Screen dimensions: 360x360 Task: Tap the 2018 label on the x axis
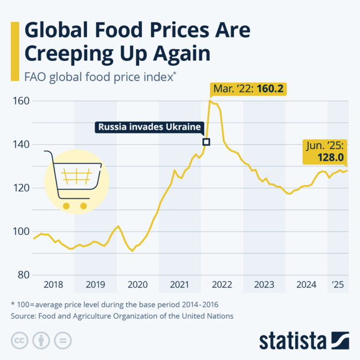click(54, 284)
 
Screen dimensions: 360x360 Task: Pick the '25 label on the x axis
click(338, 284)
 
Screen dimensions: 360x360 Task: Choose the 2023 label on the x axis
click(264, 284)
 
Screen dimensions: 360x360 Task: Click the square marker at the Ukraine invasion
click(206, 142)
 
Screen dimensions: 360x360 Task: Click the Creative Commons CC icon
click(18, 340)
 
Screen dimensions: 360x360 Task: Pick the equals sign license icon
click(62, 340)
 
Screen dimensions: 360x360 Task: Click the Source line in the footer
click(122, 316)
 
